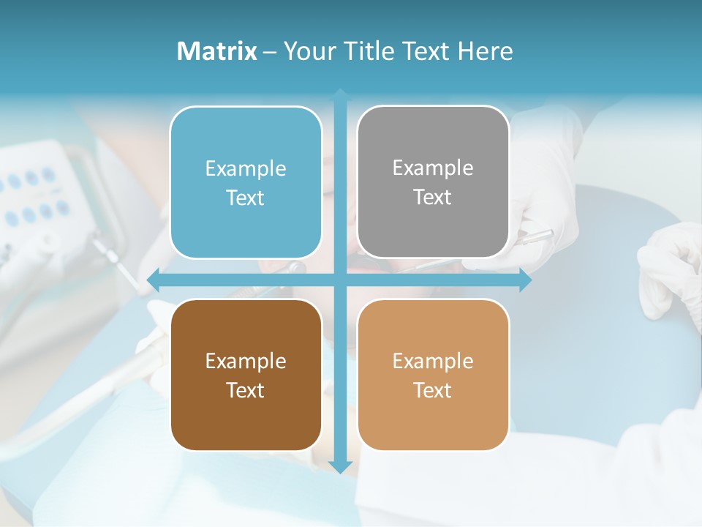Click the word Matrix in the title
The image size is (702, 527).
click(x=217, y=51)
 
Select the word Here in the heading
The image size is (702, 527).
click(x=486, y=51)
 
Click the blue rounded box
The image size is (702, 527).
click(x=246, y=182)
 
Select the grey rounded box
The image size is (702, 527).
click(x=433, y=182)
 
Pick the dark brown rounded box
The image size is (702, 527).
click(x=246, y=375)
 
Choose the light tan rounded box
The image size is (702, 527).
click(x=433, y=375)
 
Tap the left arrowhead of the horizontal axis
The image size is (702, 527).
click(x=153, y=280)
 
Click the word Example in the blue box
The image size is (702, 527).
click(x=246, y=168)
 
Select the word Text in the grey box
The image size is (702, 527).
click(x=433, y=197)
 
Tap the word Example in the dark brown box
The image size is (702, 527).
click(x=246, y=361)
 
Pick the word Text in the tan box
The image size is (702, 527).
click(x=433, y=390)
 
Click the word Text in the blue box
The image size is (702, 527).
click(x=246, y=198)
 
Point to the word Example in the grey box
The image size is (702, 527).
click(x=433, y=168)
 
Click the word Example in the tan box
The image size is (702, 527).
click(x=433, y=361)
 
